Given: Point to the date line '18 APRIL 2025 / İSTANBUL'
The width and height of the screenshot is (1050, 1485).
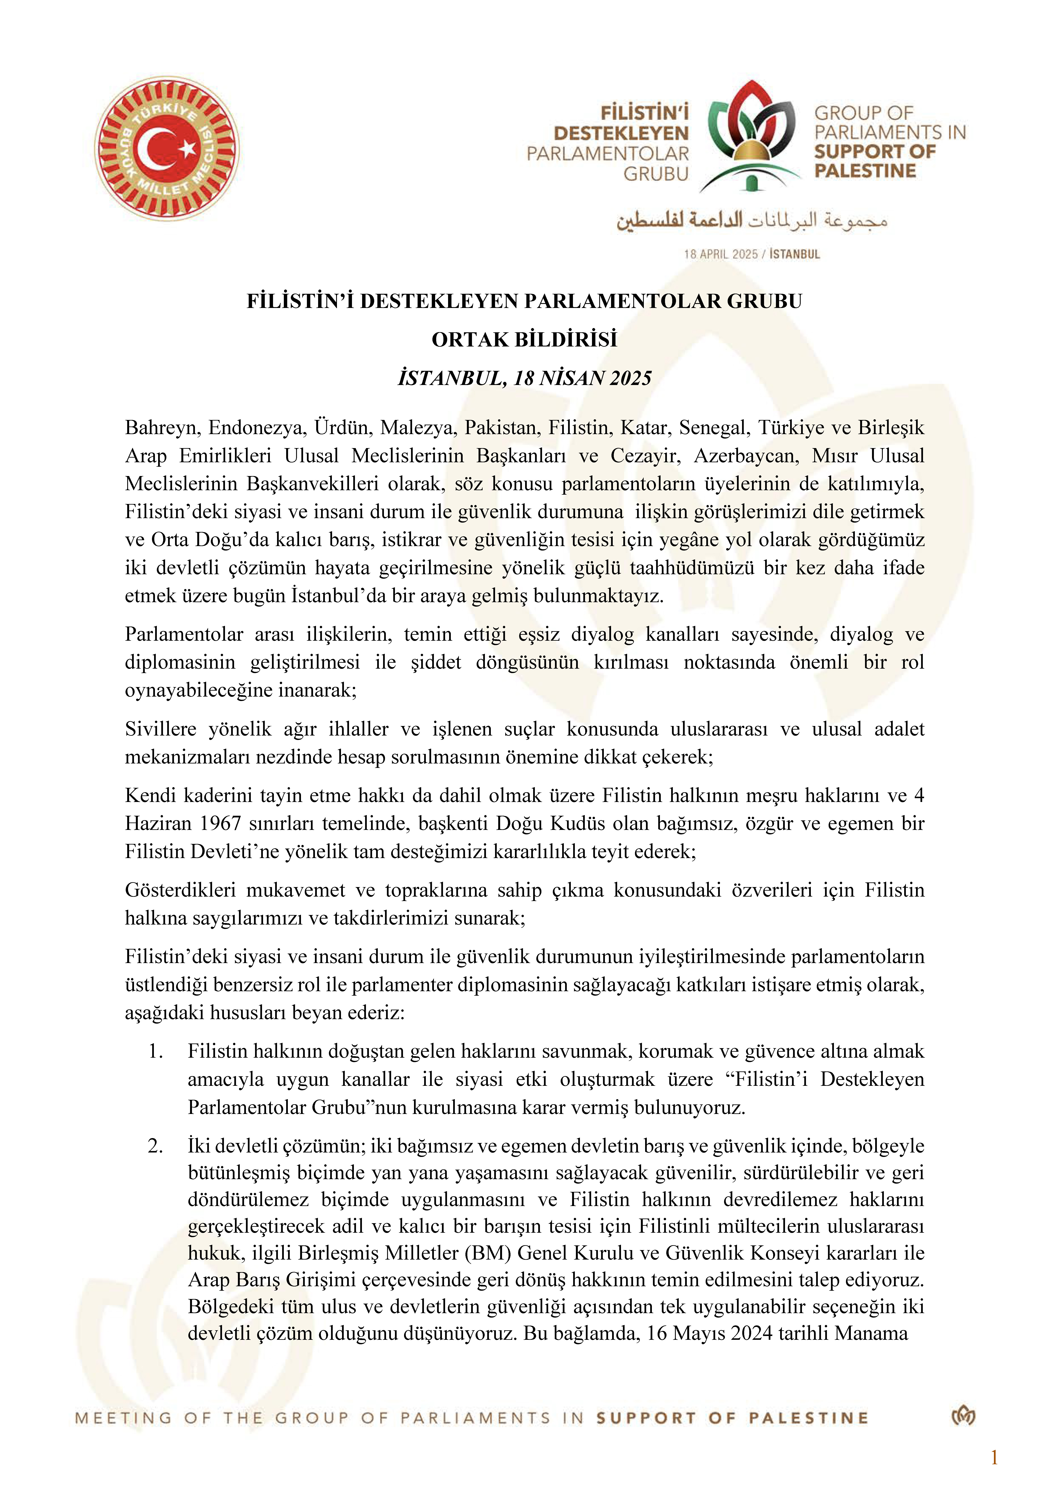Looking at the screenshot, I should pyautogui.click(x=751, y=254).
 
